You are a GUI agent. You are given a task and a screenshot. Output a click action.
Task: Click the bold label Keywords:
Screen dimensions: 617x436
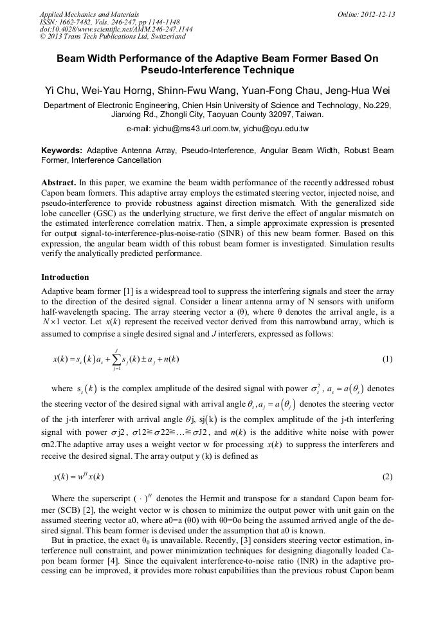click(x=63, y=150)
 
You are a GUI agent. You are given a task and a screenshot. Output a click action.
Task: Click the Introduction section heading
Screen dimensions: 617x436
click(x=65, y=277)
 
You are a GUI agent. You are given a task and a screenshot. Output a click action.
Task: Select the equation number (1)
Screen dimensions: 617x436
click(x=387, y=359)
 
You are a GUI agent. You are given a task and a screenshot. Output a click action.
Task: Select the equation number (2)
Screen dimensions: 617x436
click(x=387, y=476)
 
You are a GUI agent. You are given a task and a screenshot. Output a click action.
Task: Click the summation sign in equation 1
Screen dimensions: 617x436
click(x=116, y=359)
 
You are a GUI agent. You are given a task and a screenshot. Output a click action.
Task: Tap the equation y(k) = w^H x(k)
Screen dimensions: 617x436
click(x=78, y=477)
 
